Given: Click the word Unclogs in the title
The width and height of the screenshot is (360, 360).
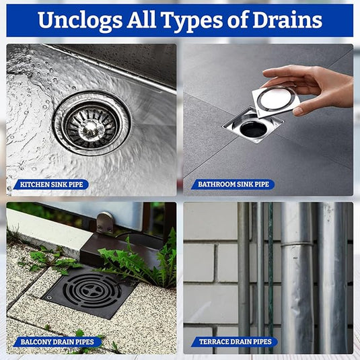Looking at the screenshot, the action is (x=80, y=20).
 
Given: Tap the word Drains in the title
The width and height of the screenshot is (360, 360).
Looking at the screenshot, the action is (x=287, y=20).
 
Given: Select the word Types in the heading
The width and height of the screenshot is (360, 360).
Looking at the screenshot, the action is (x=192, y=21).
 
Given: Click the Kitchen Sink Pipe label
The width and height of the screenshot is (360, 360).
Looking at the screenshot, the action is (x=51, y=184).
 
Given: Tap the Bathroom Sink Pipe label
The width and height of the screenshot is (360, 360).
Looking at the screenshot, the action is (x=233, y=184).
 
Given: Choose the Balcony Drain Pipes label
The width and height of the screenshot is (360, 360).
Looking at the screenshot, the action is (x=57, y=342).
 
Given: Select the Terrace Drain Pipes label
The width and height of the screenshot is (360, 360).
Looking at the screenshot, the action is (x=235, y=342).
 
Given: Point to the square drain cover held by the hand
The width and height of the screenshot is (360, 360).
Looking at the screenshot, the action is (x=276, y=101).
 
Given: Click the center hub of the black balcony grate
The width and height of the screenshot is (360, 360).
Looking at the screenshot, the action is (x=92, y=290).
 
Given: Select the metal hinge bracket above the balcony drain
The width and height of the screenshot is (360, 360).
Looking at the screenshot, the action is (x=105, y=223).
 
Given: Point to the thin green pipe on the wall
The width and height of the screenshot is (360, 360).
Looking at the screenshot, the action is (x=271, y=275).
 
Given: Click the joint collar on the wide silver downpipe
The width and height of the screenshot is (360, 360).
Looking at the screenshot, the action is (x=297, y=244).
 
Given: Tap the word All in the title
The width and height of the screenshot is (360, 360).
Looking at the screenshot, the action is (x=141, y=20).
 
